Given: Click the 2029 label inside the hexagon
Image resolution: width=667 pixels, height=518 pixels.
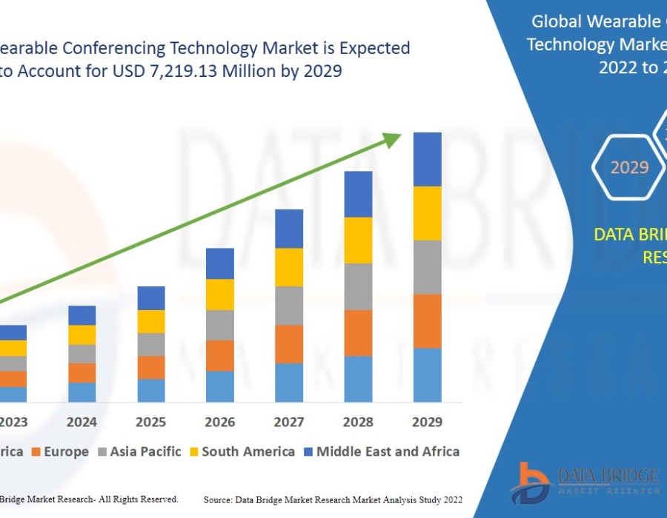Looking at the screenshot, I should (629, 167).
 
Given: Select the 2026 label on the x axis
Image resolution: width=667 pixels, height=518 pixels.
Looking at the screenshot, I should (220, 422).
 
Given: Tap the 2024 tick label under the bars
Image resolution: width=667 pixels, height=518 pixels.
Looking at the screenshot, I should (82, 422).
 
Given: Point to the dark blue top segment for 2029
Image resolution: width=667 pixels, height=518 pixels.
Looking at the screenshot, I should (427, 159).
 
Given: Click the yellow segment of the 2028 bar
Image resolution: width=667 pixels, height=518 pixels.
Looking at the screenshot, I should (358, 240).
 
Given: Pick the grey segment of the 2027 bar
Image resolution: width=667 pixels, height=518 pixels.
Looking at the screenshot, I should (289, 306).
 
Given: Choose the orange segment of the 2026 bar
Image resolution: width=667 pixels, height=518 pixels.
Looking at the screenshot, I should (220, 355).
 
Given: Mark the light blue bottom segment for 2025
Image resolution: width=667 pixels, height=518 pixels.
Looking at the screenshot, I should (151, 391).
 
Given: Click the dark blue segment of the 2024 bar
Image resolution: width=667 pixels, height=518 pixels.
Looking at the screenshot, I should (82, 315).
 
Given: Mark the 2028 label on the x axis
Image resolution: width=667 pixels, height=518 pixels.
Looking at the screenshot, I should (358, 422).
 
